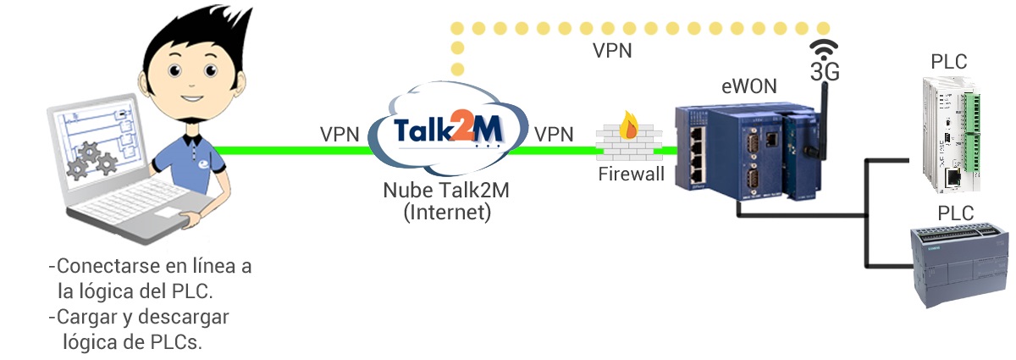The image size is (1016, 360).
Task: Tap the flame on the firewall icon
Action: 628,126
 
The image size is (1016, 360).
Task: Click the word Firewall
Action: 630,175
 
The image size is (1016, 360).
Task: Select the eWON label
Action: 748,86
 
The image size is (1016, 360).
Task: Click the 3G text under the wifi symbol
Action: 825,73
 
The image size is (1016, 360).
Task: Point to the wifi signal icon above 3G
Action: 824,47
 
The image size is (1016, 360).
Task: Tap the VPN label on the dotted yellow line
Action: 612,50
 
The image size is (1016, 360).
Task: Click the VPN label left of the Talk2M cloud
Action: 340,134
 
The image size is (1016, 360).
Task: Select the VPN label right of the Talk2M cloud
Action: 554,134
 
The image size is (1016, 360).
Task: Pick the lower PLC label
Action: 955,212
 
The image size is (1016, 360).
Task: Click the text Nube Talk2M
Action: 446,190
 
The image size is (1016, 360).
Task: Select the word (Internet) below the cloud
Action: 446,211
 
